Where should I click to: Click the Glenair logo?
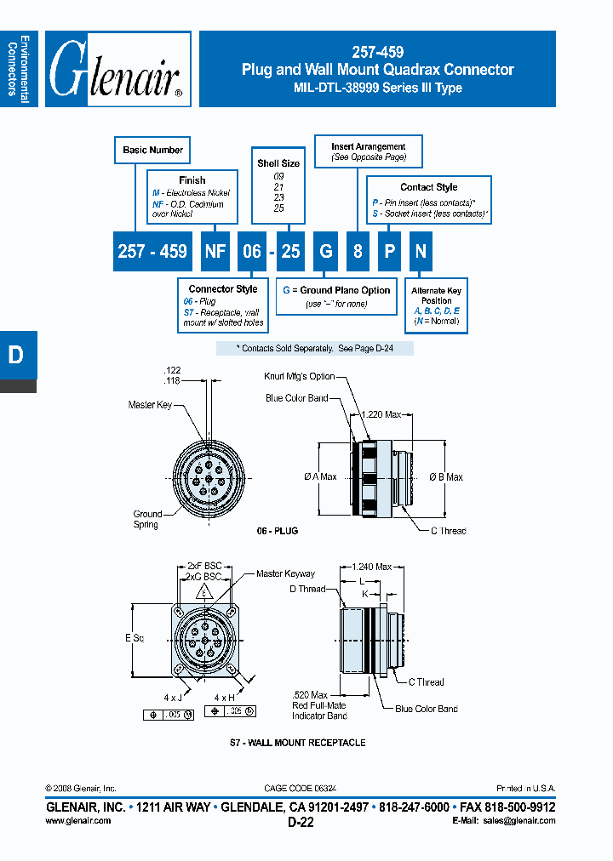pos(117,70)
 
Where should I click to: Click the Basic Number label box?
pos(152,151)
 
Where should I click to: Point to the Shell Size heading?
pos(278,163)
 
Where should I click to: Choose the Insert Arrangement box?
pos(368,151)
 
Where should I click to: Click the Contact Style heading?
pos(428,187)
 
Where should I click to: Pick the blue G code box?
pos(324,251)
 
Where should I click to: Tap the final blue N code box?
pos(420,251)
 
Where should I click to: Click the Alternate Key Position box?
pos(436,306)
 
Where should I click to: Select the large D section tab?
pos(17,356)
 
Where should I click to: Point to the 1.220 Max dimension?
pos(382,414)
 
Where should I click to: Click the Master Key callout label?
pos(149,405)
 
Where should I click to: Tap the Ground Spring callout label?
pos(146,519)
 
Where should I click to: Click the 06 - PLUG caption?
pos(277,530)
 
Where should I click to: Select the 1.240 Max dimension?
pos(371,566)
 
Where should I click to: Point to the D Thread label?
pos(307,589)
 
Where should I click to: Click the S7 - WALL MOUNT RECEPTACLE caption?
pos(297,743)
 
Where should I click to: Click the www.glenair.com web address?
pos(77,820)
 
